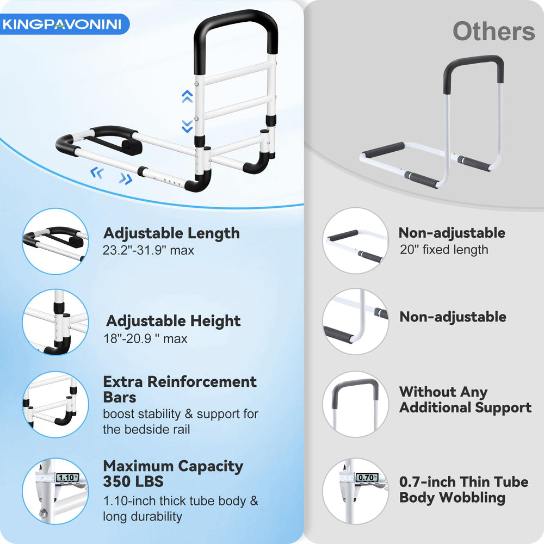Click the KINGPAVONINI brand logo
pyautogui.click(x=62, y=24)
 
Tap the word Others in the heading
pyautogui.click(x=494, y=32)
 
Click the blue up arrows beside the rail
pyautogui.click(x=187, y=96)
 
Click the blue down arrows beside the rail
pyautogui.click(x=187, y=126)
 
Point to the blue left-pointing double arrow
pyautogui.click(x=97, y=172)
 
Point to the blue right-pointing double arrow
pyautogui.click(x=126, y=178)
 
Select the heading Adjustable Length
pyautogui.click(x=171, y=233)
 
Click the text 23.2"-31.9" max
pyautogui.click(x=148, y=250)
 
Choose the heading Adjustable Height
pyautogui.click(x=173, y=321)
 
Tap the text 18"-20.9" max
pyautogui.click(x=145, y=338)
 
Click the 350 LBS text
pyautogui.click(x=133, y=481)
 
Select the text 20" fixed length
pyautogui.click(x=444, y=250)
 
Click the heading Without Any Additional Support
pyautogui.click(x=465, y=400)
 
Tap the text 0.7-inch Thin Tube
pyautogui.click(x=463, y=482)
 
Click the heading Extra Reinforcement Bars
pyautogui.click(x=180, y=390)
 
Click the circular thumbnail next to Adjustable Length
pyautogui.click(x=55, y=242)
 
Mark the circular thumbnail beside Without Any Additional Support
pyautogui.click(x=356, y=404)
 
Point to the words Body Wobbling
pyautogui.click(x=452, y=498)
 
